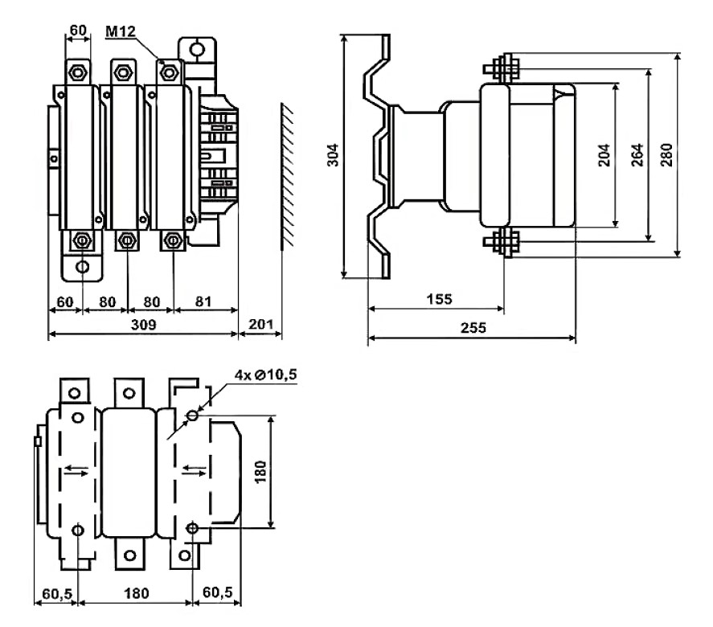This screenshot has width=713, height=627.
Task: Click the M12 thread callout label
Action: point(121,31)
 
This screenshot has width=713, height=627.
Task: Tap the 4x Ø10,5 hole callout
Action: point(265,375)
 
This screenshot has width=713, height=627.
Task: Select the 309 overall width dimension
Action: point(143,325)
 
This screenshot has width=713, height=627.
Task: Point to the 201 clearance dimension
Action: point(260,324)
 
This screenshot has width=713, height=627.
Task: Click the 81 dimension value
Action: point(203,301)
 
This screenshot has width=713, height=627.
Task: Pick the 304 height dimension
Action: point(334,154)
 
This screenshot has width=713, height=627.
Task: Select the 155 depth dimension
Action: point(439,299)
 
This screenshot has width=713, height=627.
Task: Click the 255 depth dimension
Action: point(473,327)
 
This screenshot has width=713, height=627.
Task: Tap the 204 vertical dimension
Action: point(604,155)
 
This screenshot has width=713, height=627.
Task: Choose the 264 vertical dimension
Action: point(637,155)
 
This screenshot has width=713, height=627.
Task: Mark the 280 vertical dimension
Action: point(666,155)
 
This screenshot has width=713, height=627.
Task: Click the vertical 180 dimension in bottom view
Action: point(260,472)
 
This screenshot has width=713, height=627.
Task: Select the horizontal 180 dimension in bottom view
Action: point(136,593)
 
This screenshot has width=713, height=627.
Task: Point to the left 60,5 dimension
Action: point(57,593)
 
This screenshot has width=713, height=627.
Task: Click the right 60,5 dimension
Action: point(217,592)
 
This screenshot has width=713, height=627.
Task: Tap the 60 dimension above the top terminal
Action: point(78,30)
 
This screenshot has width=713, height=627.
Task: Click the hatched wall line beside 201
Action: point(287,176)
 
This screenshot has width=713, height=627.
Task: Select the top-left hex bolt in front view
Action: point(78,72)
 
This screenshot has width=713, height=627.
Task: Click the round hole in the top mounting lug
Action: point(197,49)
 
